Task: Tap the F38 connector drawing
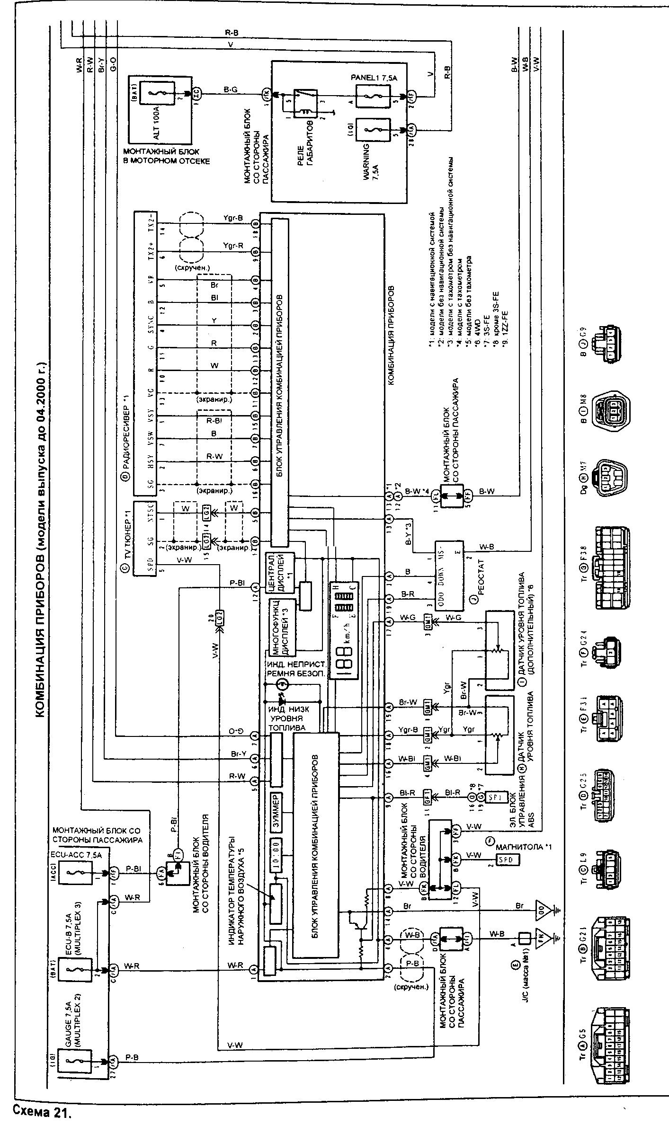(612, 568)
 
